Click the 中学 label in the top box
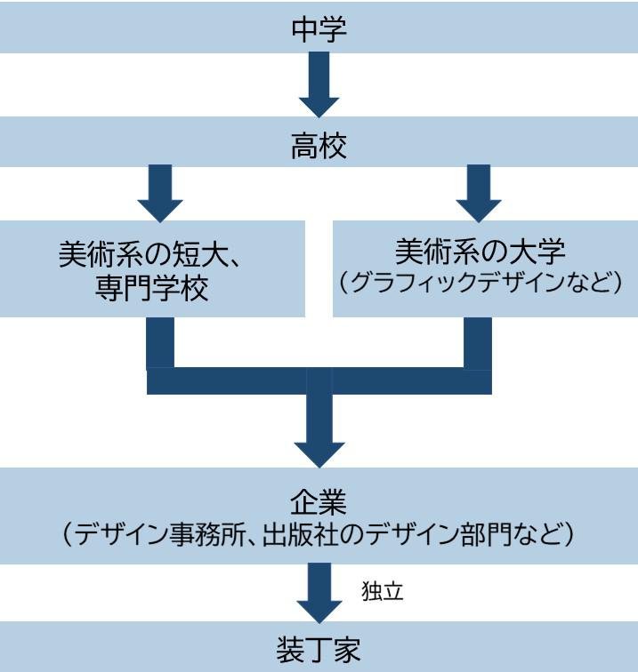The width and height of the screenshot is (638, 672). (x=319, y=29)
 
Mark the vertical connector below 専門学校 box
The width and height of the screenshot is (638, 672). (x=160, y=342)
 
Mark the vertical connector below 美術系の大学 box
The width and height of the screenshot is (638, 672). (x=478, y=342)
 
